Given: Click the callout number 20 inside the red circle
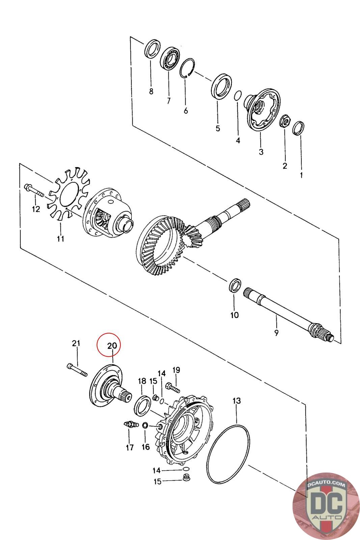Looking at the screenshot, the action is tap(112, 346).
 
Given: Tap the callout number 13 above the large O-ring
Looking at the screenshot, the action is tap(237, 401).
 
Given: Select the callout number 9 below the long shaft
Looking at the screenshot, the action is tap(276, 333).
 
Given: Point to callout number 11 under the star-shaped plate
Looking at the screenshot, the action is tap(60, 238).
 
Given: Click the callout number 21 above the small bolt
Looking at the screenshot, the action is tap(76, 343).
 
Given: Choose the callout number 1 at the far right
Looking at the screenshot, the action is tap(301, 175).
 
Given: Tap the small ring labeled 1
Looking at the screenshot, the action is tap(298, 129).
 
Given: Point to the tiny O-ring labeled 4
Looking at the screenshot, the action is tap(238, 95).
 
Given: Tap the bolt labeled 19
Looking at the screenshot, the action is tap(173, 388).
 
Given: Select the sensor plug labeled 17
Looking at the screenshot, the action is tap(131, 424).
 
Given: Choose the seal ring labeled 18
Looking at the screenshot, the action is tap(142, 406).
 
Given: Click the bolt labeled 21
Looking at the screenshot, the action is tap(77, 370).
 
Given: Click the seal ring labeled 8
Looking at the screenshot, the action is tap(153, 49).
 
